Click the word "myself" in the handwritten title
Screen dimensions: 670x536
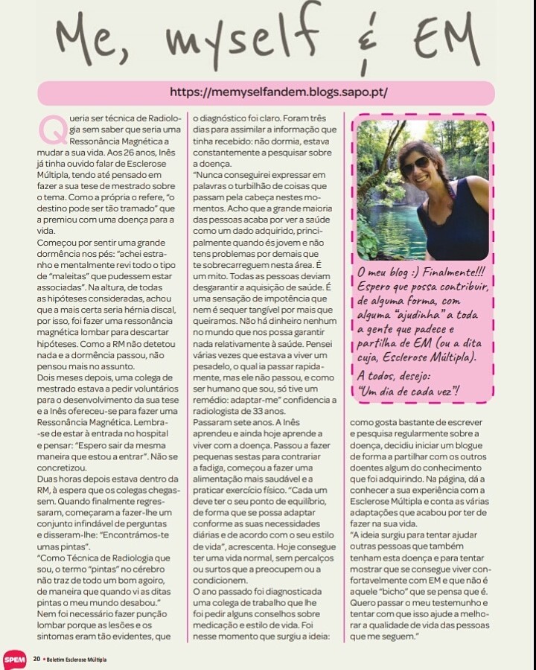pos(234,37)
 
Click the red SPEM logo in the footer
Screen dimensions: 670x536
pos(14,659)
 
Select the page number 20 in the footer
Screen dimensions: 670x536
pos(36,659)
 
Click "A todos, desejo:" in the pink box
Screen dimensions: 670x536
pos(401,375)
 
